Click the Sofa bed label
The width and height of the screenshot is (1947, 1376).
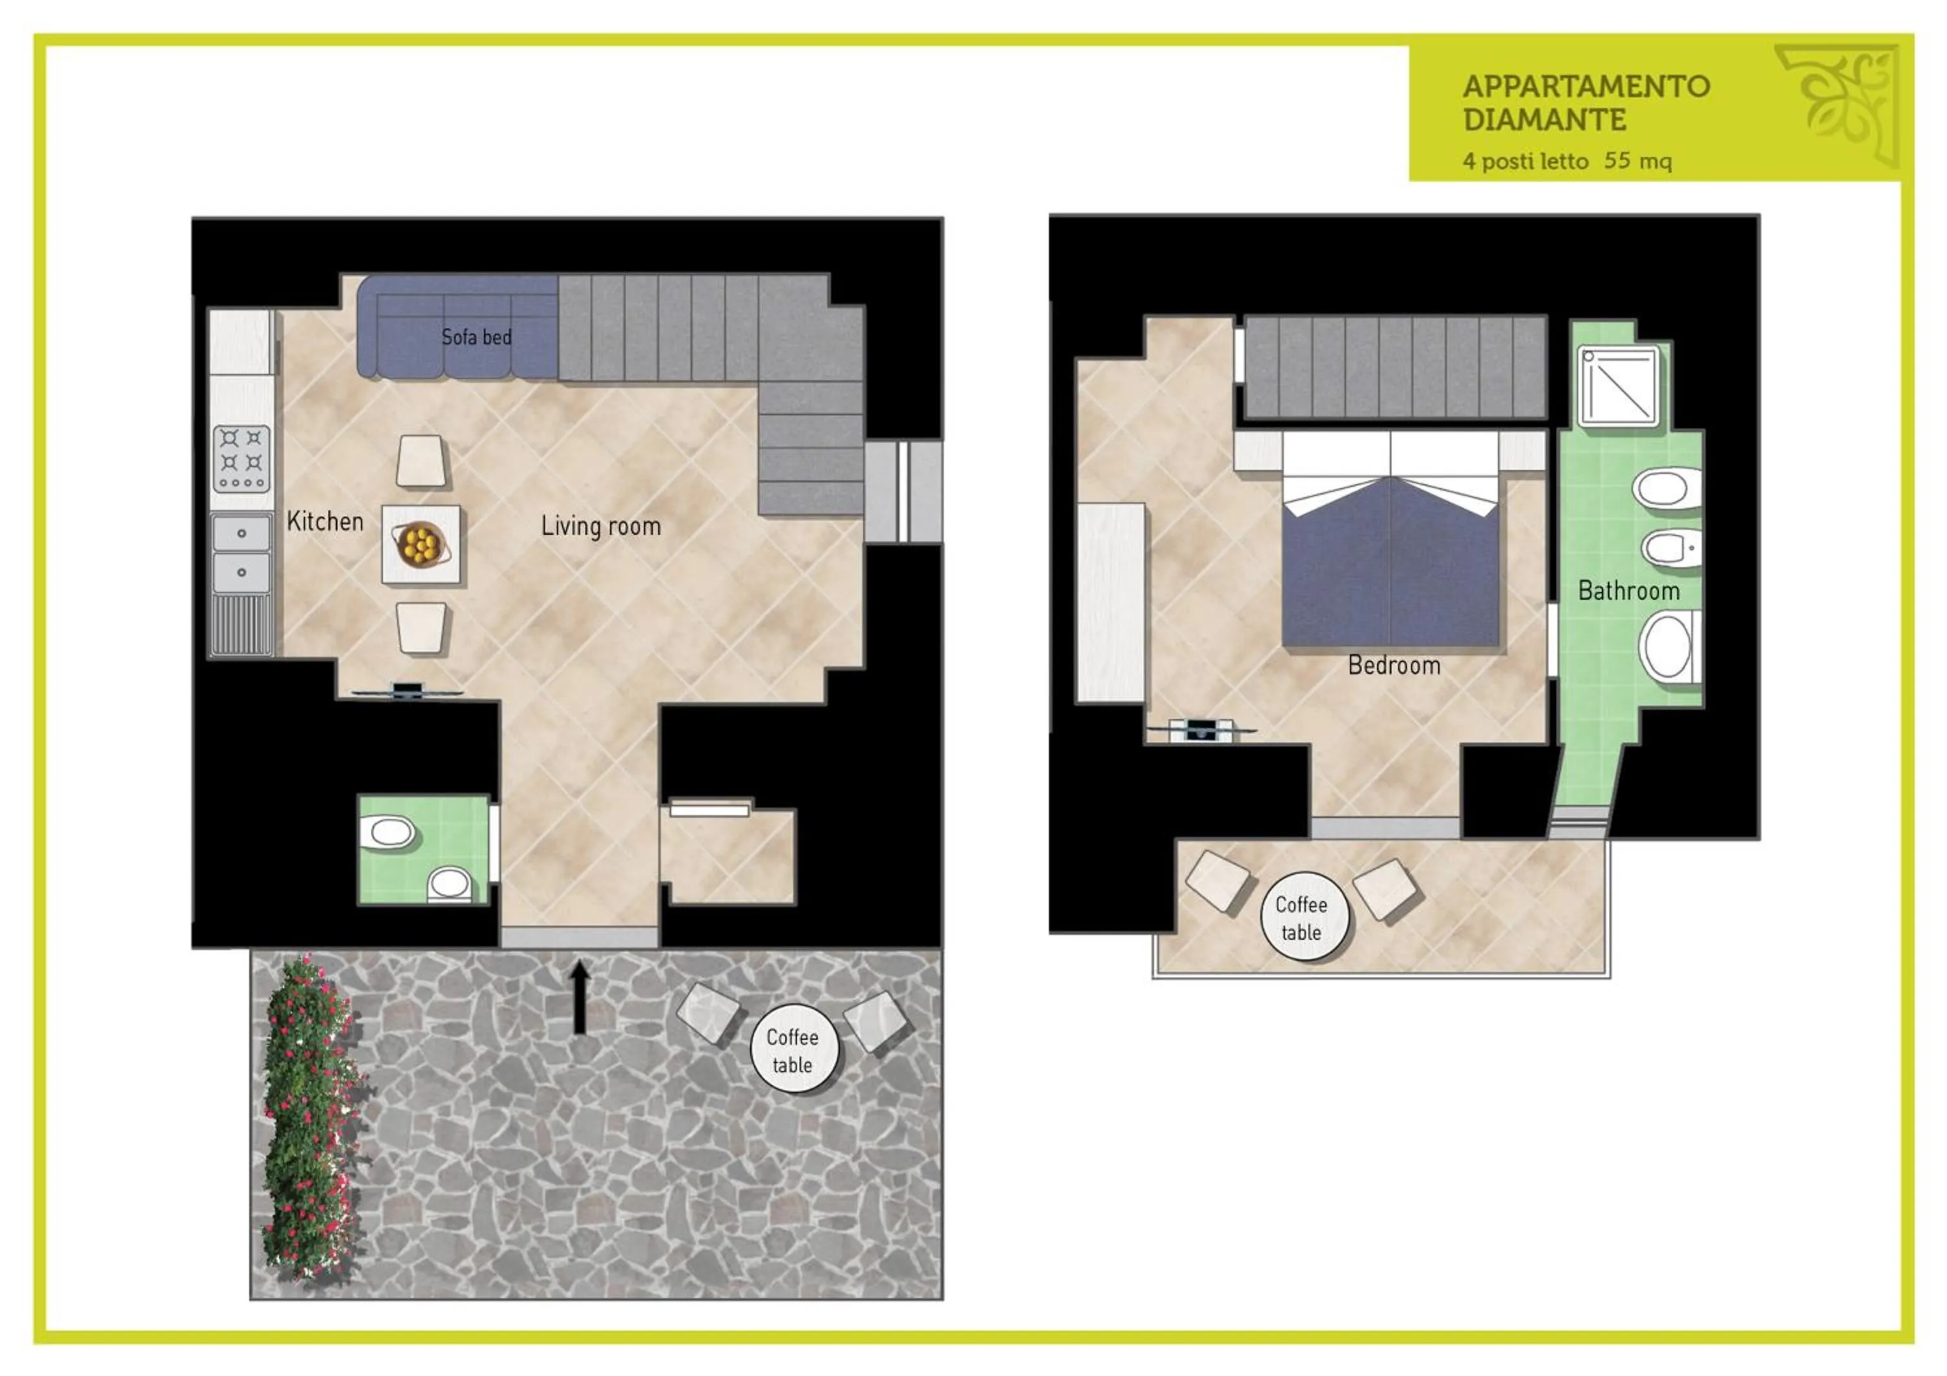(x=476, y=338)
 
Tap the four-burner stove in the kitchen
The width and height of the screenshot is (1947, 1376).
(x=241, y=459)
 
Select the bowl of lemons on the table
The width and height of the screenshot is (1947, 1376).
(x=420, y=543)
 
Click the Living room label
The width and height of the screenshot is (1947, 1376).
(x=600, y=526)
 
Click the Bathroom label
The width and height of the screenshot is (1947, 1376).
(x=1628, y=591)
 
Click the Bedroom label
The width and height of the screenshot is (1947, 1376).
(x=1394, y=665)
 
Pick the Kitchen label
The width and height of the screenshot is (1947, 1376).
(x=324, y=521)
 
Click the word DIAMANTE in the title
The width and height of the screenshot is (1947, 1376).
(x=1543, y=120)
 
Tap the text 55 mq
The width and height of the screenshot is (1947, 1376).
(x=1637, y=160)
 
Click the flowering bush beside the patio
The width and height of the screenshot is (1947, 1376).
(x=310, y=1119)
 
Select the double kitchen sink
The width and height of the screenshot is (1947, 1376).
(x=241, y=553)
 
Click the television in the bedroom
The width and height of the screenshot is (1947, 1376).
(x=1200, y=728)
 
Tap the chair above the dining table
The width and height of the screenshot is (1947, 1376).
(x=421, y=461)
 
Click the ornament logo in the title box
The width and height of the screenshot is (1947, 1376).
(x=1839, y=105)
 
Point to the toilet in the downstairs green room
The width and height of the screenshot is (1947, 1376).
(x=387, y=833)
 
